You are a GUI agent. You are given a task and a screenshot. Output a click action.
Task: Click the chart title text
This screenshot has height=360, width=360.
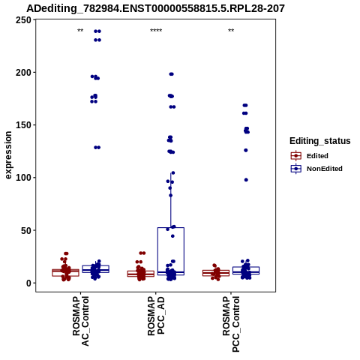[x=155, y=9]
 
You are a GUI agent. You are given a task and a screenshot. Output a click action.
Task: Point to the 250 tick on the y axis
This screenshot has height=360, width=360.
[x=23, y=20]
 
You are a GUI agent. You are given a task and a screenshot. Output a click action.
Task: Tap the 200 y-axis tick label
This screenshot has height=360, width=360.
[x=23, y=73]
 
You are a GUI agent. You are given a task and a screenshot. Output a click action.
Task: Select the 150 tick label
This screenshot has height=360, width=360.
[x=23, y=125]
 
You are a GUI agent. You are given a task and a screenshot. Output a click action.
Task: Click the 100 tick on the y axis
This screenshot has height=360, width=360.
[x=23, y=178]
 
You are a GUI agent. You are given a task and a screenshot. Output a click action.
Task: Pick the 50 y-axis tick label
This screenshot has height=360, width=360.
[x=26, y=230]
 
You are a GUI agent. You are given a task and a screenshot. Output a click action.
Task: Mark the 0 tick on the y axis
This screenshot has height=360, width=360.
[x=28, y=283]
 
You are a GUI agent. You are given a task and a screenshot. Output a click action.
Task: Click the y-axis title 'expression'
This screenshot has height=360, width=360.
[x=8, y=155]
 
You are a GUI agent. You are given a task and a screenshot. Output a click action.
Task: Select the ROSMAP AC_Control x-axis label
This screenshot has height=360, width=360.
[x=81, y=321]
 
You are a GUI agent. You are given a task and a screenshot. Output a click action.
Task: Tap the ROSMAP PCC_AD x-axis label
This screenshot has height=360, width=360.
[x=156, y=316]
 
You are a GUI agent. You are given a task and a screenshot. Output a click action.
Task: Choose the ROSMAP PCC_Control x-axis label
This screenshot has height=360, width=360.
[x=231, y=324]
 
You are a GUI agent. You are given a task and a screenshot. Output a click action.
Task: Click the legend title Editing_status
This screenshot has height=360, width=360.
[x=320, y=141]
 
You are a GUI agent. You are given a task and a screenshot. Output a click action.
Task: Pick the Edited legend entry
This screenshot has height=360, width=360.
[x=310, y=156]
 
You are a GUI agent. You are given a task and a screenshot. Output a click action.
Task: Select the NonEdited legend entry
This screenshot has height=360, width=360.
[x=316, y=169]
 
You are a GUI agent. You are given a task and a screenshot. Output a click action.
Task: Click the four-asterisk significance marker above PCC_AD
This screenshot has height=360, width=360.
[x=156, y=31]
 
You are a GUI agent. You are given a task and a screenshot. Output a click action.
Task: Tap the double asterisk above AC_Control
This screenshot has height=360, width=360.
[x=80, y=31]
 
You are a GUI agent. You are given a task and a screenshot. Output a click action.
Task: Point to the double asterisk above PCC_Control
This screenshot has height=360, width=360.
[x=231, y=31]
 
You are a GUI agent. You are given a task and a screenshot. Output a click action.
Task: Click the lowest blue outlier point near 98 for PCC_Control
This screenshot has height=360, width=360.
[x=246, y=180]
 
